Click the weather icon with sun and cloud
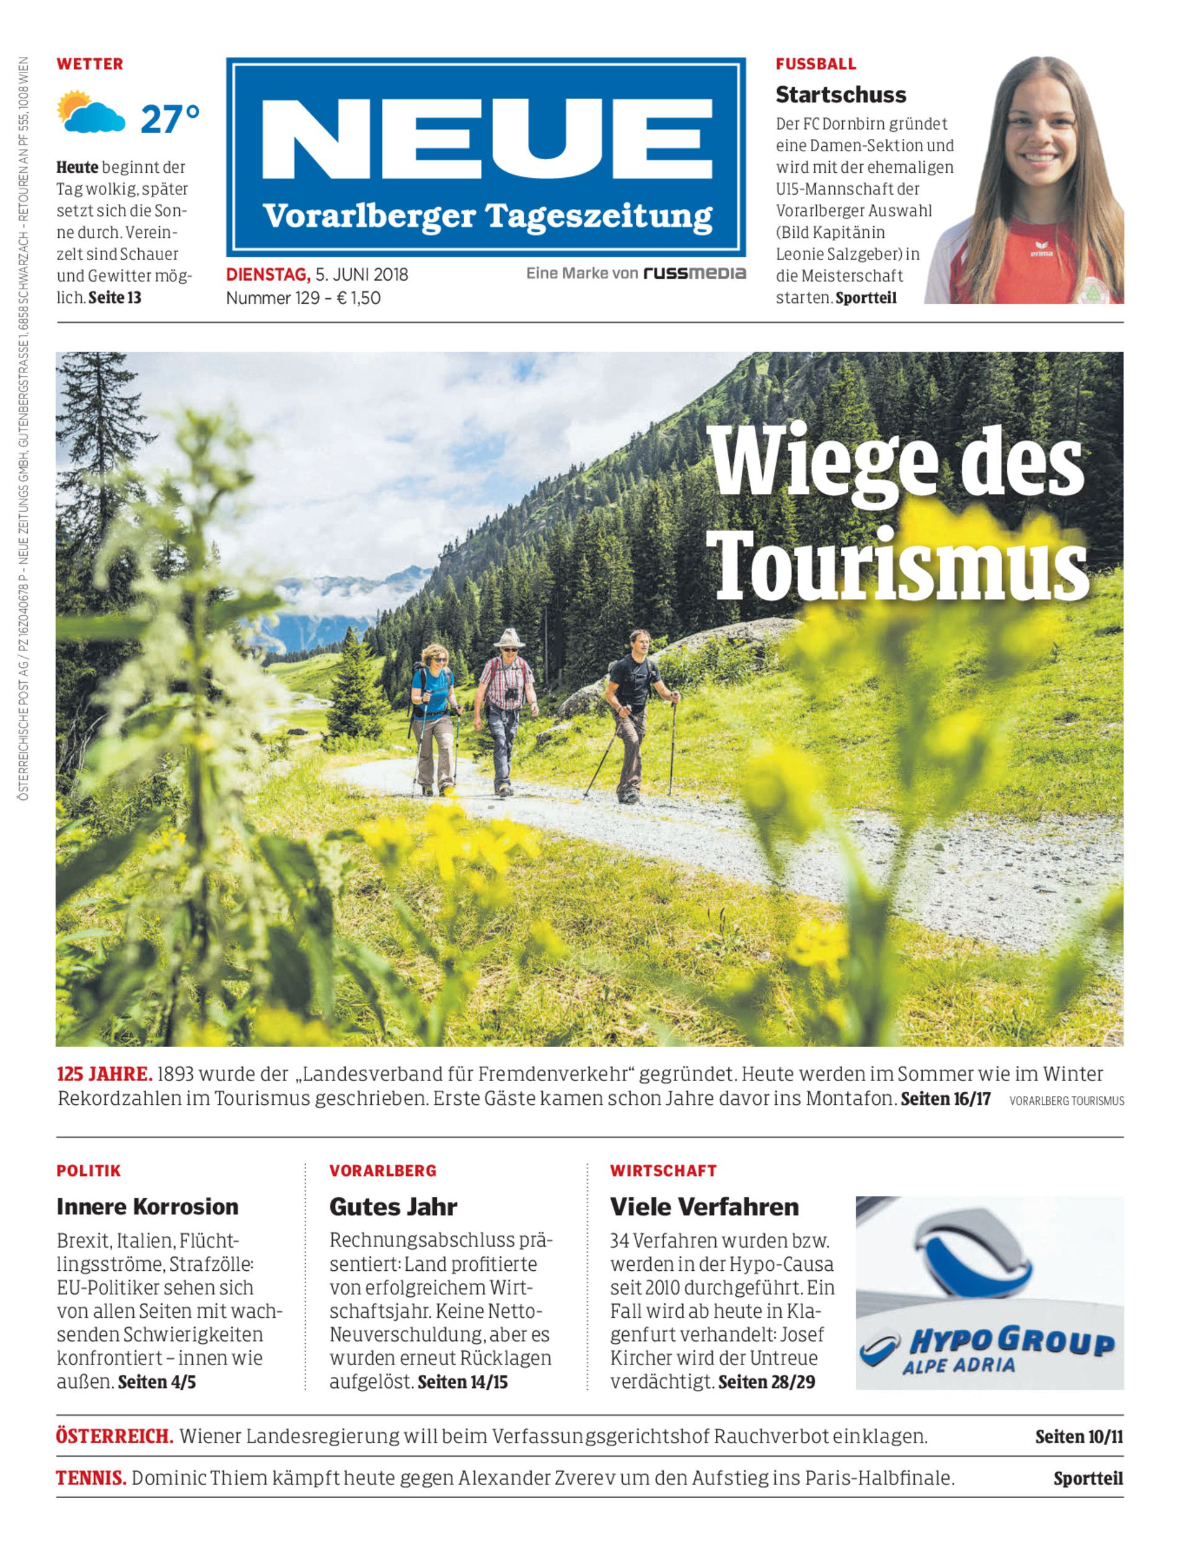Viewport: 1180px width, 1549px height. click(x=91, y=112)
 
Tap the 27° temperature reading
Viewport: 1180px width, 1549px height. click(x=170, y=119)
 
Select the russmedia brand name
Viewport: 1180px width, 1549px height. click(x=695, y=273)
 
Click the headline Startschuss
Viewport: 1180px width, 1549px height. click(x=841, y=94)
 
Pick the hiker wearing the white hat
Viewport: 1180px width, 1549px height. click(x=506, y=709)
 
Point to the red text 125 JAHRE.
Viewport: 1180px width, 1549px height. click(x=104, y=1074)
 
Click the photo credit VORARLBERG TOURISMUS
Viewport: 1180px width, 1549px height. click(x=1066, y=1101)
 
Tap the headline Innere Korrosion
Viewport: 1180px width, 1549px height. click(x=147, y=1206)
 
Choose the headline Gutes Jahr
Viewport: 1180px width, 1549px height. click(x=394, y=1206)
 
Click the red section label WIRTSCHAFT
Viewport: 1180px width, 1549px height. click(x=663, y=1170)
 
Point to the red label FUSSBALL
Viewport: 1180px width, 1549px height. click(x=816, y=64)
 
